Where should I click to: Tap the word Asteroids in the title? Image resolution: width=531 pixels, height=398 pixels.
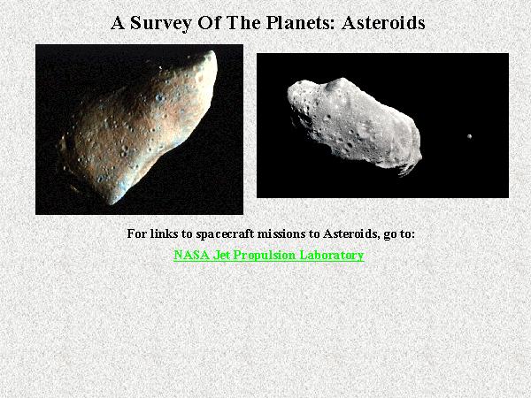click(x=383, y=23)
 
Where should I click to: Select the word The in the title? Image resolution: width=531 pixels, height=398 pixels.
click(x=243, y=23)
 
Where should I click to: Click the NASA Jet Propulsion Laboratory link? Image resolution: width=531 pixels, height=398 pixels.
click(x=268, y=255)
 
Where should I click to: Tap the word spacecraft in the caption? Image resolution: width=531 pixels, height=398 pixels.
click(x=225, y=233)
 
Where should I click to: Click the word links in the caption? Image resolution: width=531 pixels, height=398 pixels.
click(x=161, y=233)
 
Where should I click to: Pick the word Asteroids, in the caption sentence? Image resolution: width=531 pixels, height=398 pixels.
click(x=351, y=233)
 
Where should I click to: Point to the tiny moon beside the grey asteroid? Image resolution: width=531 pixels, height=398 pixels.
click(x=469, y=136)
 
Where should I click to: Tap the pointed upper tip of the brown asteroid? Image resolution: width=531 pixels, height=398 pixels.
click(x=212, y=51)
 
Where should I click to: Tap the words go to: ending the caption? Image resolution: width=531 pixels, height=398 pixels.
click(x=399, y=234)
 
